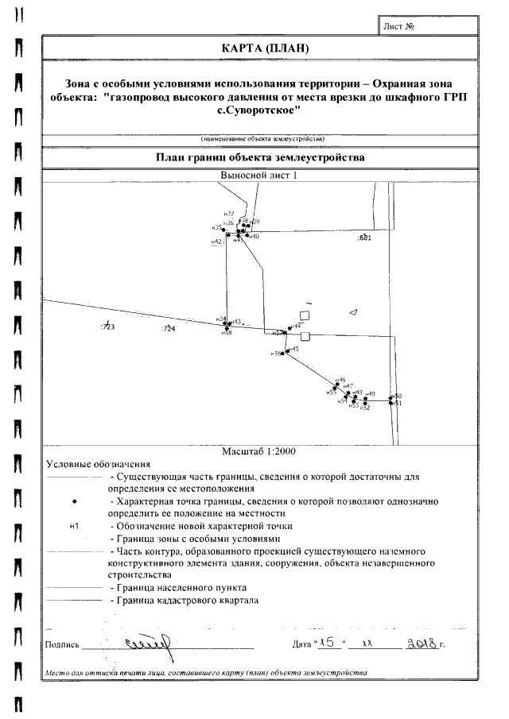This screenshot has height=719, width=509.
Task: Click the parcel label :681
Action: click(364, 238)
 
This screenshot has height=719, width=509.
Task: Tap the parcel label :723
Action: click(107, 327)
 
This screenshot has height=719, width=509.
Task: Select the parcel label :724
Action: click(168, 328)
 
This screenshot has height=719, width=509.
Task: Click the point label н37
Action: click(228, 215)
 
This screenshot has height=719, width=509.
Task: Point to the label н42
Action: click(216, 241)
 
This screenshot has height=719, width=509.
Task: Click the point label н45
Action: click(293, 349)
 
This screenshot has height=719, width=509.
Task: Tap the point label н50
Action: click(398, 396)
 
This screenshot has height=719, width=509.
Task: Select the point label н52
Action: click(365, 408)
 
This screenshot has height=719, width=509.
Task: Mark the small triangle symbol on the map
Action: click(355, 311)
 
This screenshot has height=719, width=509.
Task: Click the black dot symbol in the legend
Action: click(74, 503)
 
